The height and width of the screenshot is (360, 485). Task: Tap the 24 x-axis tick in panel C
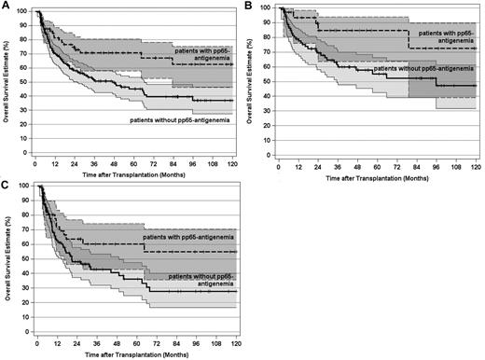pos(75,341)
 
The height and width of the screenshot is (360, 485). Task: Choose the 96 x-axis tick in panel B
pos(438,160)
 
